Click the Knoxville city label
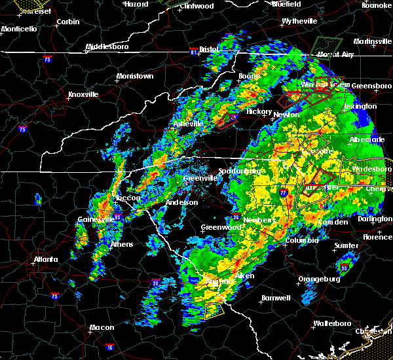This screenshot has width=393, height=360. click(83, 94)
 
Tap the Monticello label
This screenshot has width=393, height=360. click(19, 29)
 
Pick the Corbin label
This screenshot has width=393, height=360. click(68, 22)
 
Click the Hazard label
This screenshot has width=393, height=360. click(136, 4)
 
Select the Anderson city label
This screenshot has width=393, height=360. click(181, 202)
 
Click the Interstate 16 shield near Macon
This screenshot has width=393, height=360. click(109, 347)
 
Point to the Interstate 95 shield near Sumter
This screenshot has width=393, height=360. click(344, 268)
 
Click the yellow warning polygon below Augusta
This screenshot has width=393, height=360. click(214, 310)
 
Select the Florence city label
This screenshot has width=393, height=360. click(378, 236)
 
